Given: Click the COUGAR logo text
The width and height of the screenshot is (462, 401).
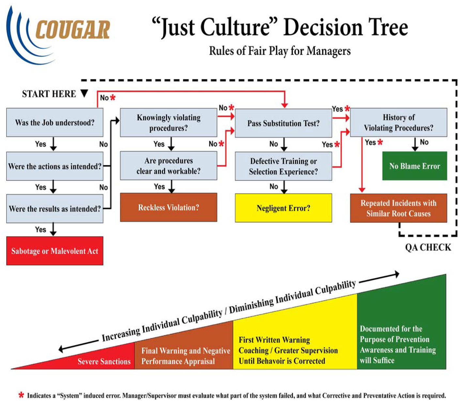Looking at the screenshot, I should [72, 30].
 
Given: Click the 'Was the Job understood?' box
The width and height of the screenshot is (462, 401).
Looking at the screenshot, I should [54, 123].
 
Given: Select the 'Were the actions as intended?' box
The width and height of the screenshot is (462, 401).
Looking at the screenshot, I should [54, 166].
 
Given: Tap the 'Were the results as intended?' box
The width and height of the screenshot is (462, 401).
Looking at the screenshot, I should [54, 209].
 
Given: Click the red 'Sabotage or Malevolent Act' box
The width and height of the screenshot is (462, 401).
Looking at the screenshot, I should [54, 251].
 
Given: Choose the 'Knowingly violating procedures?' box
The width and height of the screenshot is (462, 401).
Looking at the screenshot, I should [168, 123].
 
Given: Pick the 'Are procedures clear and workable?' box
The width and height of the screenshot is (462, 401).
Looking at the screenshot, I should [168, 166].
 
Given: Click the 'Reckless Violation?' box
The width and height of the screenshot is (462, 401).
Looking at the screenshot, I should [168, 208].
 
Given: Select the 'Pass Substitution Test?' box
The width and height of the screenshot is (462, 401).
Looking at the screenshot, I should [283, 123].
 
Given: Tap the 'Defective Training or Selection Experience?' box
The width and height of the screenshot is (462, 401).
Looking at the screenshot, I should [283, 166].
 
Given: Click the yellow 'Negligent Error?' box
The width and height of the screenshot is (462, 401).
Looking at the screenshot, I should [283, 208].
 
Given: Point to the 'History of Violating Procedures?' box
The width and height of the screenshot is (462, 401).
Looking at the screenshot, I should [398, 123].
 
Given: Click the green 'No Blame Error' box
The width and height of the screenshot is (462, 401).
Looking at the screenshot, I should [414, 166].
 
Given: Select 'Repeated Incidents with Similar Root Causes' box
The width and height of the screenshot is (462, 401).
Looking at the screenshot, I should [398, 208].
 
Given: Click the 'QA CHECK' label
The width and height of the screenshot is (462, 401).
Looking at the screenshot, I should [428, 247].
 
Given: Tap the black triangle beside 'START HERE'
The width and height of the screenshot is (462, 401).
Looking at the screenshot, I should [85, 93].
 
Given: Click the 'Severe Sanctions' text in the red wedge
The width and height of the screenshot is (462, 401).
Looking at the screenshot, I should [104, 361].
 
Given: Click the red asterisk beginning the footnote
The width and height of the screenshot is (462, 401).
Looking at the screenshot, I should [21, 395].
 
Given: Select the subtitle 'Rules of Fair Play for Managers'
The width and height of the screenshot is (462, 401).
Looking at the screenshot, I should [280, 51].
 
